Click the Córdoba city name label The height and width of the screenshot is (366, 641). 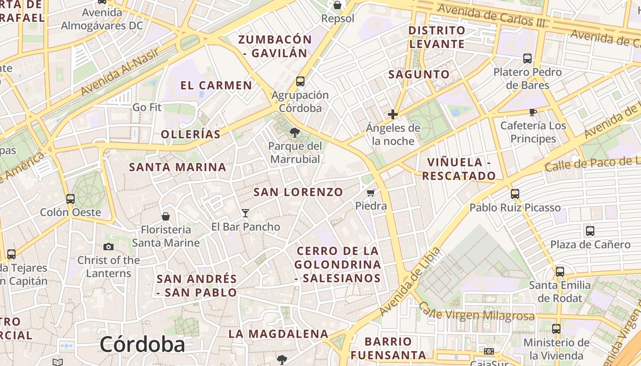click(142, 344)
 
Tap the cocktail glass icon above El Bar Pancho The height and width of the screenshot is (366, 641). click(245, 213)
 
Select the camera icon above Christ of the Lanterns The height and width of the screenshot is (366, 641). click(109, 247)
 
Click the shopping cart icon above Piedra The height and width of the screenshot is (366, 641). click(371, 193)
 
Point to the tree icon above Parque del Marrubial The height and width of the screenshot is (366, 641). click(295, 133)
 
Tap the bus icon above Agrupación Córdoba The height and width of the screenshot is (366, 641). click(300, 81)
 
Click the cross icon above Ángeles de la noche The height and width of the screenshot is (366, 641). click(393, 114)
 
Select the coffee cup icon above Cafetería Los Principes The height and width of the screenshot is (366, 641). click(532, 112)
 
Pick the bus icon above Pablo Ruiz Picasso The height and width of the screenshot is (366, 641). click(515, 194)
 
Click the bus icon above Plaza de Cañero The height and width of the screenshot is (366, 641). click(590, 231)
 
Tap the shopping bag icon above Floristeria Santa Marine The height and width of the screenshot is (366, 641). click(166, 216)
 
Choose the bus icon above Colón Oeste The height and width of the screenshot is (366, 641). click(71, 199)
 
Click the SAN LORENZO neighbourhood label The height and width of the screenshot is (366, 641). click(298, 192)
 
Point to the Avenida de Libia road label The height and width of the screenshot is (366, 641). click(410, 281)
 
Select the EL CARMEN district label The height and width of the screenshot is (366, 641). click(216, 86)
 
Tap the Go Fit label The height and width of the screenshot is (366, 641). click(147, 108)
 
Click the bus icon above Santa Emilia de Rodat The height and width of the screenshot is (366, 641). click(560, 271)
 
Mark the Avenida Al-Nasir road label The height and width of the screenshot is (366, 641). click(120, 71)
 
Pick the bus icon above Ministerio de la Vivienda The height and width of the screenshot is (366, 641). click(556, 328)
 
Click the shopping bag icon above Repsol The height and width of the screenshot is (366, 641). click(337, 5)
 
